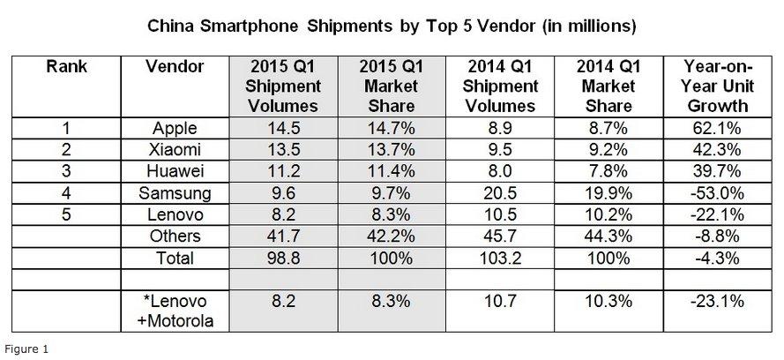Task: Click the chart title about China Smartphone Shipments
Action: [x=392, y=26]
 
